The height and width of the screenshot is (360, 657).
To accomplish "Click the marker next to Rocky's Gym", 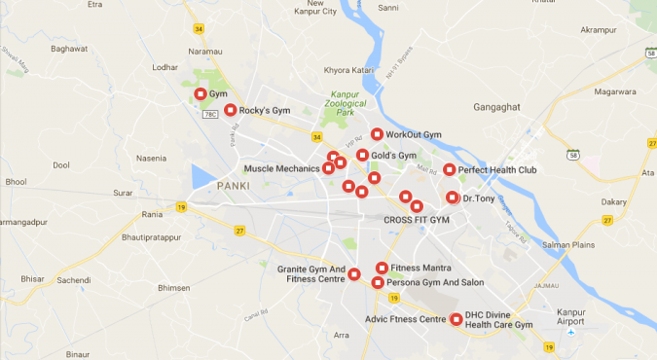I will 230,110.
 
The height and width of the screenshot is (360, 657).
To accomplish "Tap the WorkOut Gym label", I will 413,134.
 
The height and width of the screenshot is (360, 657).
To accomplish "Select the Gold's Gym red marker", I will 362,156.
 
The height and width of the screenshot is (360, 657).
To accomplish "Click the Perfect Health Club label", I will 497,170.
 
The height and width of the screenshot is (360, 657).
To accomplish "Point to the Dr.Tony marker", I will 452,198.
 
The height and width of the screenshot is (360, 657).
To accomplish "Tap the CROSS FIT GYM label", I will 417,220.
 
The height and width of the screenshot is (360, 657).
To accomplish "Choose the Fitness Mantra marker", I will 383,268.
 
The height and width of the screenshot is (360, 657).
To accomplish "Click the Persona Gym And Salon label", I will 435,282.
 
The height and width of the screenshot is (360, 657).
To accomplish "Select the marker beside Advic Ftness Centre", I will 456,319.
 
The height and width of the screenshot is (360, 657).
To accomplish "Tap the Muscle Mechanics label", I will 281,168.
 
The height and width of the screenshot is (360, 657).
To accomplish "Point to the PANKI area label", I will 234,186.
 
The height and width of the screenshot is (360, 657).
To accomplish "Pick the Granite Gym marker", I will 354,273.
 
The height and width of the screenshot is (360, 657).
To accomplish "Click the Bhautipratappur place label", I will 151,237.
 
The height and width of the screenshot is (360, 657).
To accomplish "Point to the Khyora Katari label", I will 349,71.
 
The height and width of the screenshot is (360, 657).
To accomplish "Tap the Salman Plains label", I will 567,245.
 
